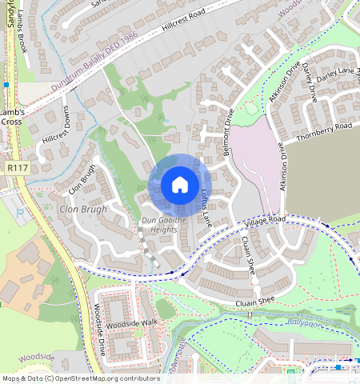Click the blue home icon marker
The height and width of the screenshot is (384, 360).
[x=180, y=186]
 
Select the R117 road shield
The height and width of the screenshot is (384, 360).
[x=15, y=168]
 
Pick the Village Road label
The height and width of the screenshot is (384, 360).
[x=266, y=220]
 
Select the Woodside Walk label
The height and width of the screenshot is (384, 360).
[x=133, y=325]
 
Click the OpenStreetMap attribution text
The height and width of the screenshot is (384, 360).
[x=81, y=378]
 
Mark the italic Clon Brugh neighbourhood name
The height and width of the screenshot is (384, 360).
[x=82, y=210]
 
